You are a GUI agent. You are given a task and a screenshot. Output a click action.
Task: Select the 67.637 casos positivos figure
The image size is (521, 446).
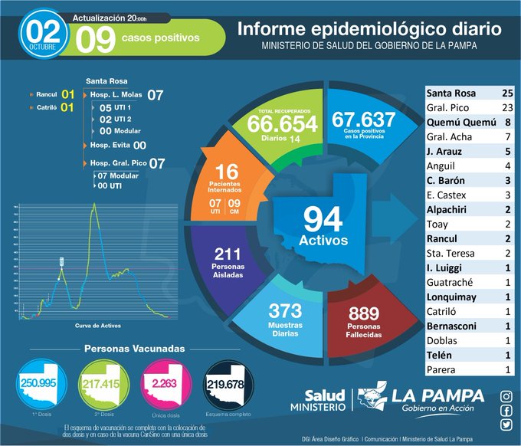pyautogui.click(x=363, y=120)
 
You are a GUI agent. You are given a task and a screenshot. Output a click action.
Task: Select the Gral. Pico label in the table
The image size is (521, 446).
pyautogui.click(x=447, y=107)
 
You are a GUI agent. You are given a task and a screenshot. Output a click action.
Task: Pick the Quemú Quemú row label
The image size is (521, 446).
pyautogui.click(x=460, y=122)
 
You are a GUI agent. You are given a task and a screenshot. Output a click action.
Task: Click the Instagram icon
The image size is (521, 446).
pyautogui.click(x=506, y=396)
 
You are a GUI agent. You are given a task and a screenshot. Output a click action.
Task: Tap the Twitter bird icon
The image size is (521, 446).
pyautogui.click(x=506, y=425)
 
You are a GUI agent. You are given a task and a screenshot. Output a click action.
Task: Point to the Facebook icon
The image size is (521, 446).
pyautogui.click(x=506, y=411)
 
